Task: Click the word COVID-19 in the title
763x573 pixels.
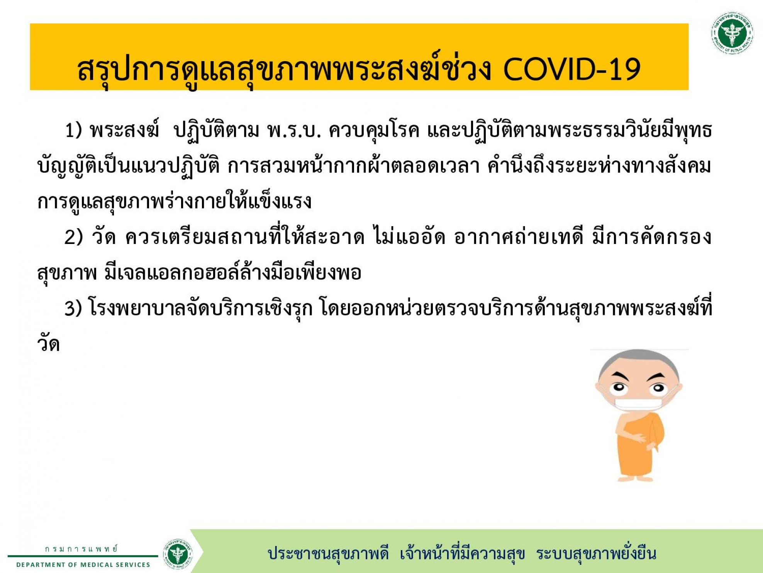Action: coord(572,70)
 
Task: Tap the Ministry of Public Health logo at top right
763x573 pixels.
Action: coord(732,33)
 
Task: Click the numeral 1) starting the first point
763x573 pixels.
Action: coord(73,130)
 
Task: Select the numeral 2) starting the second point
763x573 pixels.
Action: coord(74,237)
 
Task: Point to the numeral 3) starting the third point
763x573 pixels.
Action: coord(73,309)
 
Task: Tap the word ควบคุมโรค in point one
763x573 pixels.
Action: coord(374,131)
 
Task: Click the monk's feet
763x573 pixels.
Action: coord(635,478)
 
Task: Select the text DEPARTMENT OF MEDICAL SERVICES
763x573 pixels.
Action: coord(83,565)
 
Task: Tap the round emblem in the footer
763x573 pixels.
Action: coord(178,554)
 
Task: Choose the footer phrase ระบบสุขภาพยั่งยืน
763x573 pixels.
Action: coord(596,553)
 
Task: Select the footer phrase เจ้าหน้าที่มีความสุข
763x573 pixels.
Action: coord(462,553)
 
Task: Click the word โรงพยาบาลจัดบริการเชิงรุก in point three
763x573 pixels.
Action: coord(200,309)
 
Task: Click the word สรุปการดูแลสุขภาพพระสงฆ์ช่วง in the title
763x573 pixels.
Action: coord(284,70)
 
